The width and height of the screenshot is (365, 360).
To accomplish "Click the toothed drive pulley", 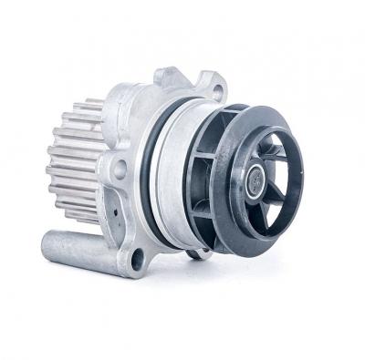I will click(x=73, y=164).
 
